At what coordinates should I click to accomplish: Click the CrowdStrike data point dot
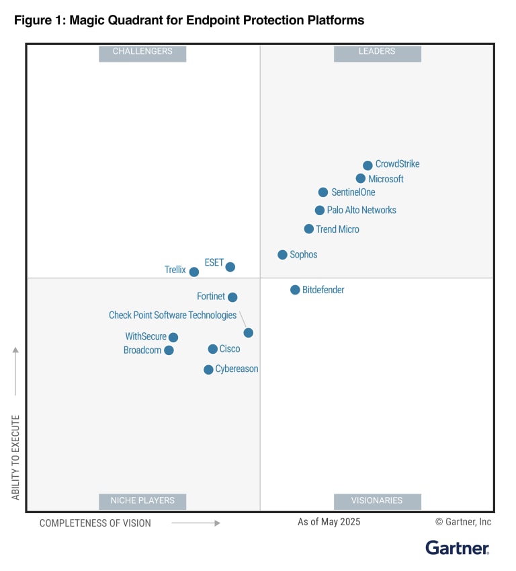click(x=368, y=165)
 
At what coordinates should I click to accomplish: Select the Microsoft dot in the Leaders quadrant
click(x=361, y=179)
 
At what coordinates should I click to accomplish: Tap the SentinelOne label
click(x=353, y=192)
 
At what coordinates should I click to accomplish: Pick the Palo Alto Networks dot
click(x=320, y=211)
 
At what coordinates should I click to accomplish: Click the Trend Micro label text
click(x=337, y=229)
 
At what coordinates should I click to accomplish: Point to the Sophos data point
click(x=283, y=255)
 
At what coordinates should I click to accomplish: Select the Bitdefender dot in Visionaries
click(x=295, y=290)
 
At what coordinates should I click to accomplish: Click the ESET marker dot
click(x=230, y=267)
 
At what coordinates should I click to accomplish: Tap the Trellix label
click(x=175, y=270)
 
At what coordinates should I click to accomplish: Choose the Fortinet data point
click(x=232, y=297)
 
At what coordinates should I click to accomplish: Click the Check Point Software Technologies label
click(x=173, y=315)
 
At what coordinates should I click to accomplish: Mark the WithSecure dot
click(x=173, y=338)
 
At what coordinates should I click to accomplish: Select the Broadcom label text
click(x=142, y=350)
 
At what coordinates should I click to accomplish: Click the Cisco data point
click(x=213, y=349)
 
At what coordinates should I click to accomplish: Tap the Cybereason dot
click(x=209, y=370)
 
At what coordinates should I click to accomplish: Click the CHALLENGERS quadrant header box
click(x=142, y=52)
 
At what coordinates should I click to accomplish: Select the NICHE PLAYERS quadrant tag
click(x=142, y=501)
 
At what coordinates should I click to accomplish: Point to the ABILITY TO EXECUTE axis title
click(x=15, y=457)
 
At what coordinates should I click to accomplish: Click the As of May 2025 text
click(x=329, y=522)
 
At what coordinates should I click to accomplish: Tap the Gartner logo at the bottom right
click(x=458, y=548)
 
